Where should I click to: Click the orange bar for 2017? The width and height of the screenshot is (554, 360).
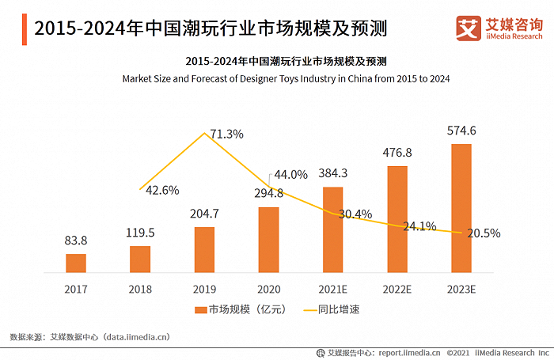click(x=76, y=263)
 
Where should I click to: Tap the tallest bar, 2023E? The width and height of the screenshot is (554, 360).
click(x=461, y=208)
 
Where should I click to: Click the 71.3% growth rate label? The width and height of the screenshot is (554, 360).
click(x=227, y=135)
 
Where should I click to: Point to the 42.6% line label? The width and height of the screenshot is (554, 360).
click(x=163, y=190)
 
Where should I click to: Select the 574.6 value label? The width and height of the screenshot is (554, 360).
click(x=461, y=131)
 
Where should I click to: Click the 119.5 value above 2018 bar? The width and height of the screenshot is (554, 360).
click(x=140, y=233)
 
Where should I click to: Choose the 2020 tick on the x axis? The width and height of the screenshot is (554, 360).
click(x=268, y=290)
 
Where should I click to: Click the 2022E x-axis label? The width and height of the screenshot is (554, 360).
click(x=397, y=290)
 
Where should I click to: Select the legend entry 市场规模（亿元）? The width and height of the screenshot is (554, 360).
click(x=238, y=310)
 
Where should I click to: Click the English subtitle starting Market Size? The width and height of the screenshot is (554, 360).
click(x=286, y=78)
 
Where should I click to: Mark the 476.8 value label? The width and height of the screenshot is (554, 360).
click(x=397, y=153)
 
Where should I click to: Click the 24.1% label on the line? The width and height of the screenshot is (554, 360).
click(x=420, y=225)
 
